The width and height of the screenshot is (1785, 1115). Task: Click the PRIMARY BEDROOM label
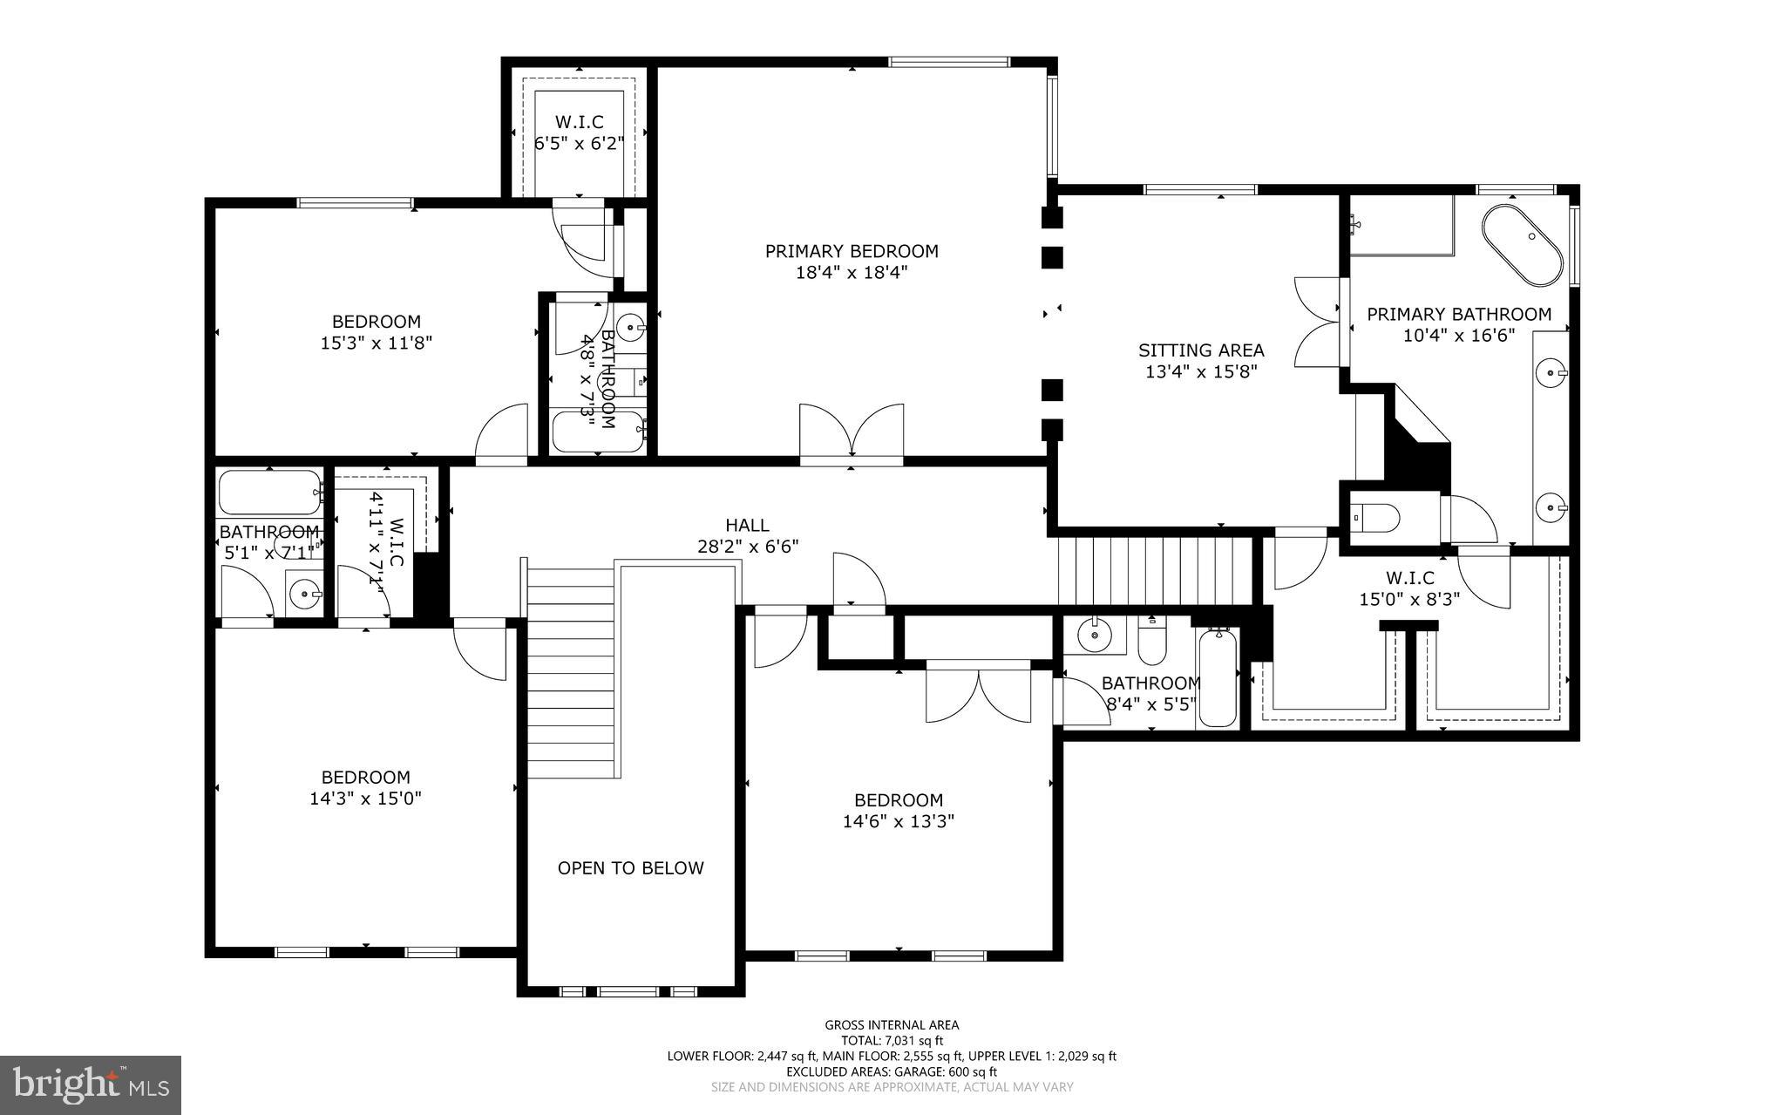coord(852,252)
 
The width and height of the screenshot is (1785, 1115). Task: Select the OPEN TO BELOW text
coord(630,868)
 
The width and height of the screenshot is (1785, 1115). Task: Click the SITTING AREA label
coord(1200,350)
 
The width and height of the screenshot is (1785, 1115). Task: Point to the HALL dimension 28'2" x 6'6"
coord(747,547)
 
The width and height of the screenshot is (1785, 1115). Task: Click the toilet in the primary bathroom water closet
coord(1375,518)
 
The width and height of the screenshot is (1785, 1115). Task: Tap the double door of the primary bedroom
coord(852,431)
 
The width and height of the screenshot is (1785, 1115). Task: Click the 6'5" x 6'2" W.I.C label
coord(579,143)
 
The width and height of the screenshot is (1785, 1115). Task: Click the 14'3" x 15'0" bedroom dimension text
coord(365,799)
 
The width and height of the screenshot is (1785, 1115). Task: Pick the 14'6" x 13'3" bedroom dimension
coord(898,821)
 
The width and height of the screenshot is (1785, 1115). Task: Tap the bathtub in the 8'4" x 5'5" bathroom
coord(1218,678)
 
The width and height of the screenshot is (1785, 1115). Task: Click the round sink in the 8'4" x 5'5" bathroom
coord(1092,636)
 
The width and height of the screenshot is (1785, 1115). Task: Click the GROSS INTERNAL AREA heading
coord(892,1025)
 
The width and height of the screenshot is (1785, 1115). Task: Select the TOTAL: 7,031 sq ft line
coord(892,1040)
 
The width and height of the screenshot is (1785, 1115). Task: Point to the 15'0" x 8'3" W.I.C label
coord(1409,599)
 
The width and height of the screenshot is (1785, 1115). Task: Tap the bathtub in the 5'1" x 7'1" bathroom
coord(269,493)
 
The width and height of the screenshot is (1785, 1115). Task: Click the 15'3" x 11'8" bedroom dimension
coord(377,343)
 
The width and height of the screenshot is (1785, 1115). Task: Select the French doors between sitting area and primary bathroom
coord(1318,323)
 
